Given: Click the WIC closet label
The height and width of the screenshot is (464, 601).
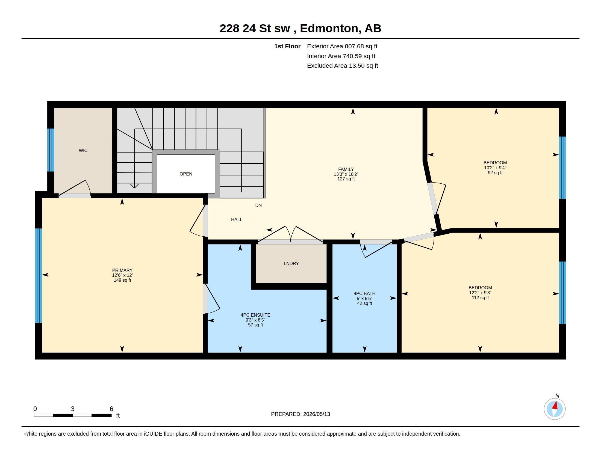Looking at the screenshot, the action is pyautogui.click(x=83, y=150).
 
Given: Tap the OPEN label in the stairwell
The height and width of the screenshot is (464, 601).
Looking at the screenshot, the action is pyautogui.click(x=186, y=174).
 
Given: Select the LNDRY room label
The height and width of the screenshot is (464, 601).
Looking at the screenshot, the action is pyautogui.click(x=291, y=263).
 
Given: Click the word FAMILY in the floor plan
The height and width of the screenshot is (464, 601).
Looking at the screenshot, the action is pyautogui.click(x=346, y=169).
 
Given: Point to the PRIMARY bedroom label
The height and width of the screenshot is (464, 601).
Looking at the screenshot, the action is pyautogui.click(x=122, y=270).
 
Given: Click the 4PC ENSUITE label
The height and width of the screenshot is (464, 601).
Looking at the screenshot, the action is pyautogui.click(x=255, y=315).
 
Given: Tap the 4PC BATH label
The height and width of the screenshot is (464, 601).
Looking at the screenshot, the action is pyautogui.click(x=364, y=293).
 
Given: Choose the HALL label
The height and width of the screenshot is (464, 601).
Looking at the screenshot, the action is pyautogui.click(x=237, y=219).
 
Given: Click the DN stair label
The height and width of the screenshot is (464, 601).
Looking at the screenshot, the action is pyautogui.click(x=258, y=205).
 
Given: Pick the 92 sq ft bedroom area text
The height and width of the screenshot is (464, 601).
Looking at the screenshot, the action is pyautogui.click(x=495, y=172).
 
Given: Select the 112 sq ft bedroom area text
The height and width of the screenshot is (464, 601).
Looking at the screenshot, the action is pyautogui.click(x=480, y=298).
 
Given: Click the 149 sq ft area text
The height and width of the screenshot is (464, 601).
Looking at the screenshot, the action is pyautogui.click(x=122, y=280).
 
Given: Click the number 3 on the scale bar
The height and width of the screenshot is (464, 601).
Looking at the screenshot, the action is pyautogui.click(x=73, y=409).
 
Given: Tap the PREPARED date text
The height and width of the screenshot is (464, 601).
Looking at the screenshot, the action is pyautogui.click(x=300, y=414).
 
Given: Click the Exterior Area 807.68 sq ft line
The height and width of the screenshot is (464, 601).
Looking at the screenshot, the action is pyautogui.click(x=342, y=46).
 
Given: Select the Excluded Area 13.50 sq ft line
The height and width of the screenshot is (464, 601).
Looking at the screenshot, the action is pyautogui.click(x=342, y=66).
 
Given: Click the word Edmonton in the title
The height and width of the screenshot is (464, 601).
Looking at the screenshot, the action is pyautogui.click(x=329, y=28).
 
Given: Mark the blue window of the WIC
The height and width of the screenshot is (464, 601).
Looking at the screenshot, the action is pyautogui.click(x=51, y=150).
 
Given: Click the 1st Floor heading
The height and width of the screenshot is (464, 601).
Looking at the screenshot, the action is pyautogui.click(x=287, y=46).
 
